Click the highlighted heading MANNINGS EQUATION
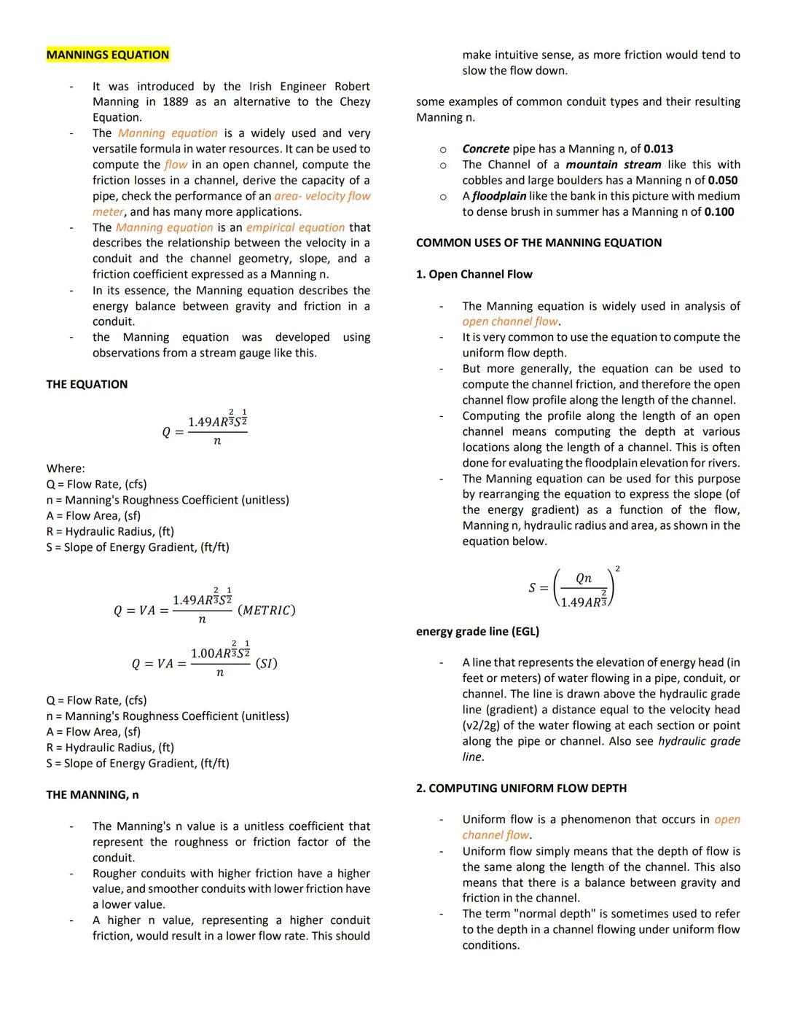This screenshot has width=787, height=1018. (107, 55)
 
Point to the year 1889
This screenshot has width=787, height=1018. (175, 102)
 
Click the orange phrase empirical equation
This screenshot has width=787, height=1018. (295, 227)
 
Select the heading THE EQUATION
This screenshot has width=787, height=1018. (87, 385)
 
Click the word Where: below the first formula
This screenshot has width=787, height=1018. (66, 469)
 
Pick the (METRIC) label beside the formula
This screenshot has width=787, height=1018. (267, 611)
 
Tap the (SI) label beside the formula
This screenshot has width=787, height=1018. (266, 664)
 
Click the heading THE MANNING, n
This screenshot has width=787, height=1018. (93, 795)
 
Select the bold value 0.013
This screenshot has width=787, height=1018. (659, 149)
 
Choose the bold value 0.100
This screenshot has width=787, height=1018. (719, 212)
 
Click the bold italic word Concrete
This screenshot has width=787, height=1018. (485, 149)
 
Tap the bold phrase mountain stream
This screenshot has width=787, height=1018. (614, 165)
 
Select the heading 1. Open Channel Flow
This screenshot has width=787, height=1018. (474, 275)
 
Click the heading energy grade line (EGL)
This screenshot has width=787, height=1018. (477, 632)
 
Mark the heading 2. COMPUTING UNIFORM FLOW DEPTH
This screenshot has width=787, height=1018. (521, 788)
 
